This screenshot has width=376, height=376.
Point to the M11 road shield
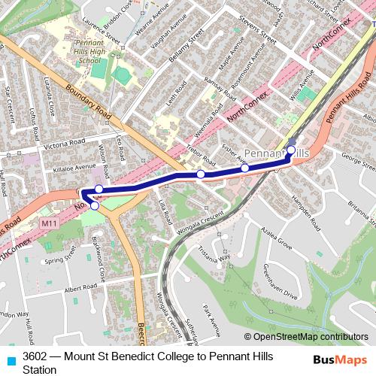click(50, 223)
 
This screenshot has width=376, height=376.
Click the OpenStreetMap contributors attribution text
click(310, 338)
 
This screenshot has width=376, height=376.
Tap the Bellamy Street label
click(186, 48)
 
